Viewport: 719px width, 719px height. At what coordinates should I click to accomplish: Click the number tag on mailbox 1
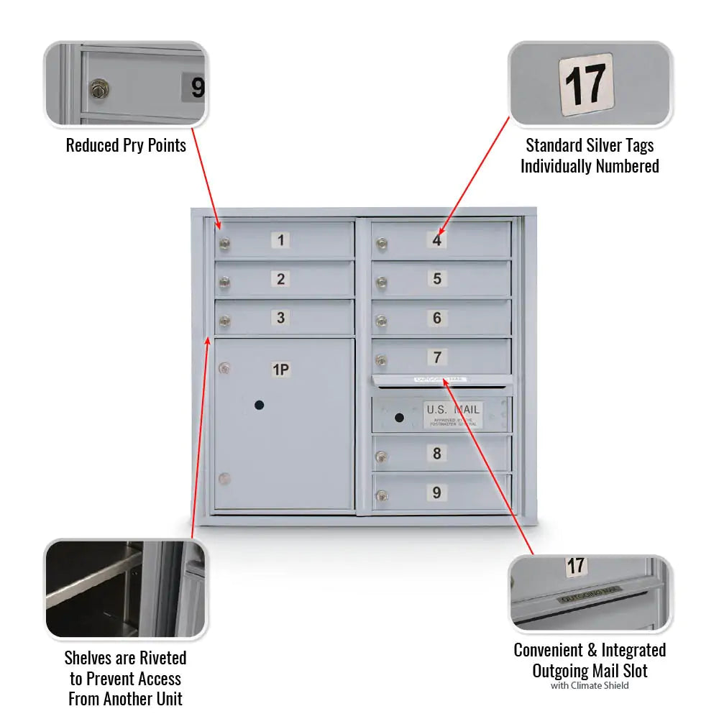[x=280, y=240]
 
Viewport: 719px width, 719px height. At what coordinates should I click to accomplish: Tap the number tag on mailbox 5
[x=437, y=279]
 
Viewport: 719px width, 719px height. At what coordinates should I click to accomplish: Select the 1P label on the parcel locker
[x=280, y=370]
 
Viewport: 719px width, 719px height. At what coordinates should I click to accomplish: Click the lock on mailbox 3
[x=225, y=323]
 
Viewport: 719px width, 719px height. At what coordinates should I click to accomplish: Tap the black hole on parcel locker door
[x=259, y=406]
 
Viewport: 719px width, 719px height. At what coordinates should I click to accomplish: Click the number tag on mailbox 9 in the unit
[x=436, y=493]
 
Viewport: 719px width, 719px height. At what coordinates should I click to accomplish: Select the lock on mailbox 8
[x=382, y=457]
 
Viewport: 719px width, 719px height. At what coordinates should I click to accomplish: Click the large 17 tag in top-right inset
[x=587, y=84]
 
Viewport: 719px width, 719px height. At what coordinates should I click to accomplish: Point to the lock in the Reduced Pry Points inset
[x=99, y=90]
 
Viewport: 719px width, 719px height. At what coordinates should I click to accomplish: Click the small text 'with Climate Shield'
[x=590, y=685]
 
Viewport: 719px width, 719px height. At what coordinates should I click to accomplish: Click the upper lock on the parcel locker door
[x=225, y=370]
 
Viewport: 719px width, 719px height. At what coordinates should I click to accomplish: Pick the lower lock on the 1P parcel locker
[x=225, y=479]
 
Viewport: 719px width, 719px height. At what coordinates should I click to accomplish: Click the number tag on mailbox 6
[x=437, y=318]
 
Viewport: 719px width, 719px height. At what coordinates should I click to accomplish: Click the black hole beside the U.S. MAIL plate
[x=399, y=417]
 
